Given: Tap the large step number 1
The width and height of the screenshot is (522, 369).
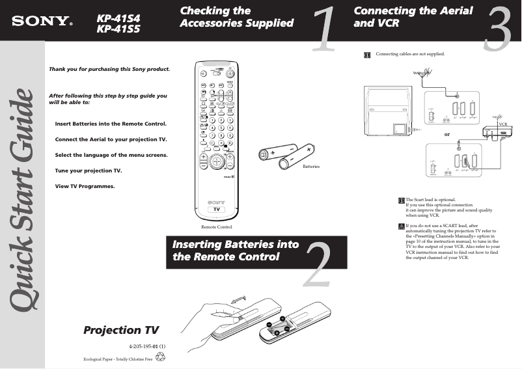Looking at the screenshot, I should (x=323, y=29).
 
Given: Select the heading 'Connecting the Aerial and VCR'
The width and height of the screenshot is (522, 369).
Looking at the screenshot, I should (x=413, y=17).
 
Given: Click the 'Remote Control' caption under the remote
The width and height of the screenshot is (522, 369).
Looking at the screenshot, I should (x=216, y=226).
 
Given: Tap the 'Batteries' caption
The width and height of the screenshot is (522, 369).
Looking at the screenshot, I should (x=312, y=167).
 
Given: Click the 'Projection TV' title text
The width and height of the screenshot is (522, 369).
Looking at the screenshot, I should (x=121, y=330).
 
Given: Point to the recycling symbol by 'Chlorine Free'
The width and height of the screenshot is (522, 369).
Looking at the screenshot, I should (x=161, y=357).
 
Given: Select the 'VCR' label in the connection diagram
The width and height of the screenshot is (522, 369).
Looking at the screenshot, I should (x=502, y=124).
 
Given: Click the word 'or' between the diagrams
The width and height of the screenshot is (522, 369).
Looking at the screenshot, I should (x=446, y=134).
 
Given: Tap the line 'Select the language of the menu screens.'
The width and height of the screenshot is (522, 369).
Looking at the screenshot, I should (x=111, y=155).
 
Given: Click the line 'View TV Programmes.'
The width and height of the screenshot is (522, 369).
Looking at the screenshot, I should (x=85, y=186).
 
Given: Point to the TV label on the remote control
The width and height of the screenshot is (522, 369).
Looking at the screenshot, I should (x=216, y=210).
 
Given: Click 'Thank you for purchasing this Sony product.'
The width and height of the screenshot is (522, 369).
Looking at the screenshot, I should (x=109, y=69).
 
